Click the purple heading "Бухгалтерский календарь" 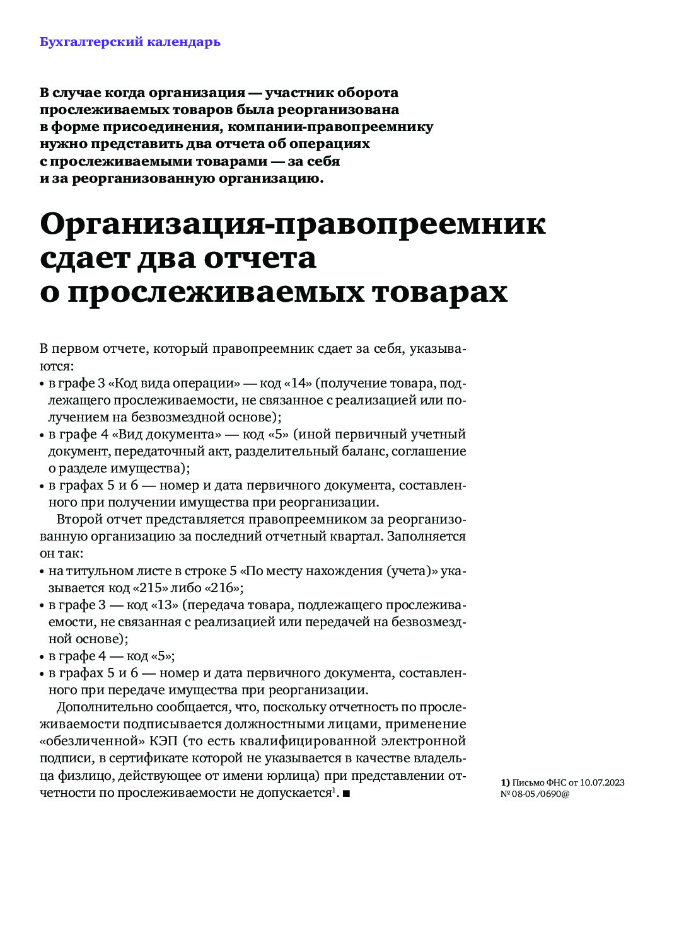coord(130,42)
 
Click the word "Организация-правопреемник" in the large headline coord(293,224)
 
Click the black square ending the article coord(345,793)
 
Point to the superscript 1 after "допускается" coord(333,789)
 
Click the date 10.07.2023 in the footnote coord(602,782)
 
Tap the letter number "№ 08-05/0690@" coord(535,794)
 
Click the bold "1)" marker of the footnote coord(505,782)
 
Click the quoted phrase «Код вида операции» coord(174,383)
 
